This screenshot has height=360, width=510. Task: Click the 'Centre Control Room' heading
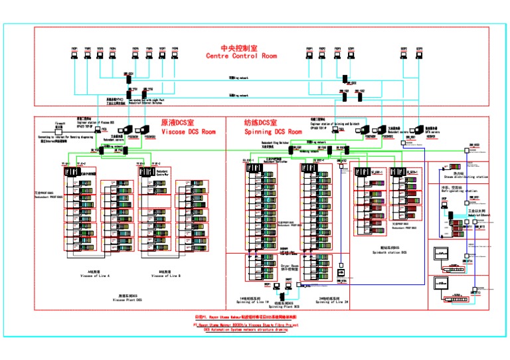click(x=241, y=56)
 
